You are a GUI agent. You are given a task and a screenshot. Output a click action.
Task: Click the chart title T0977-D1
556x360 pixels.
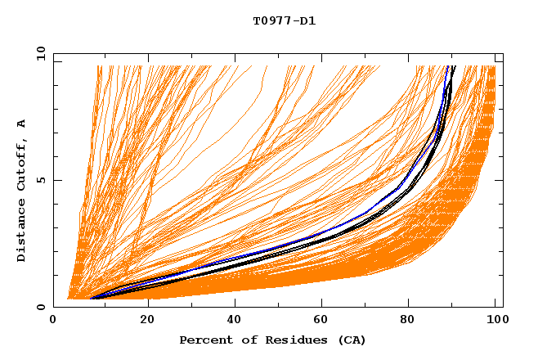tap(284, 21)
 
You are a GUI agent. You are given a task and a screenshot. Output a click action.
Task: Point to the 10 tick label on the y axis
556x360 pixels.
tap(40, 53)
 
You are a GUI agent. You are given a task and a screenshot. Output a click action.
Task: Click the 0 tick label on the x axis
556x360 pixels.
tap(53, 320)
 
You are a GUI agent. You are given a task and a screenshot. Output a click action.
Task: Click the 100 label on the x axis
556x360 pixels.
tap(495, 320)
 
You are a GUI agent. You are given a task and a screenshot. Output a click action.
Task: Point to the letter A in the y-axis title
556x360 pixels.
tap(22, 124)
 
